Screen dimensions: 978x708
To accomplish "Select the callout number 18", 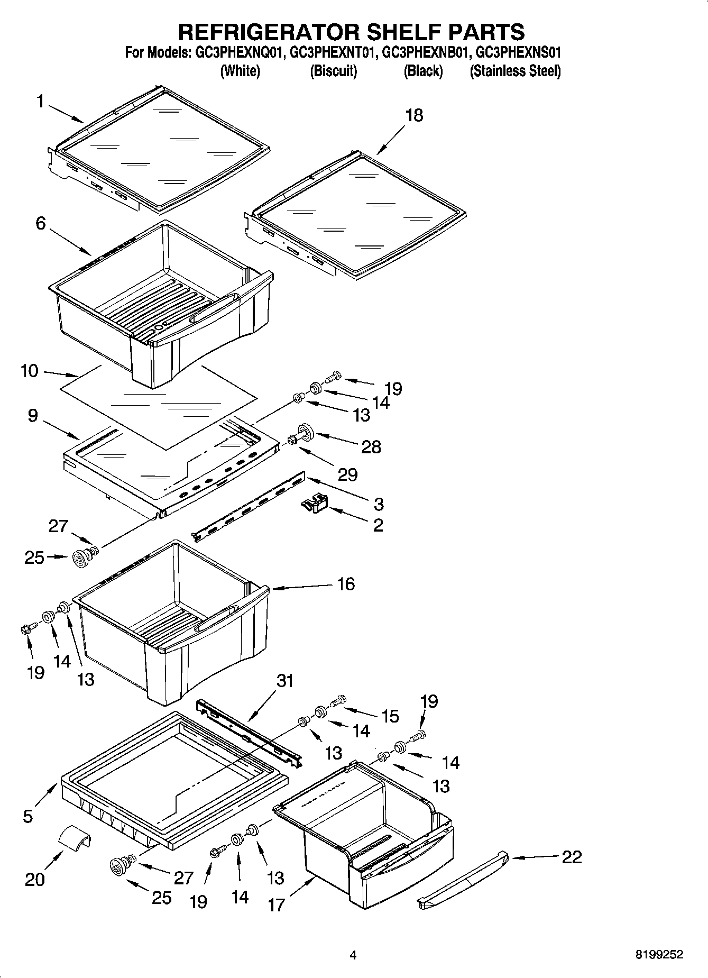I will click(x=414, y=115).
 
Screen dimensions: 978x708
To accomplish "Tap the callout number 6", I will click(x=41, y=223).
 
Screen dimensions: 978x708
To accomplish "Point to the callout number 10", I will click(x=30, y=371).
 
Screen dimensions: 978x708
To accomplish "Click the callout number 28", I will click(x=371, y=447).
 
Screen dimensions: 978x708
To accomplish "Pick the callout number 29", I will click(x=347, y=474).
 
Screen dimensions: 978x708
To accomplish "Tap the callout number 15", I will click(x=390, y=716).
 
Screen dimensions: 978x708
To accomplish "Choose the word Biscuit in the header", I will click(x=333, y=71).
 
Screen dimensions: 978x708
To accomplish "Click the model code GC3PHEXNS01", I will click(x=518, y=53).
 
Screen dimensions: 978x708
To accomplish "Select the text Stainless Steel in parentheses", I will click(x=515, y=71).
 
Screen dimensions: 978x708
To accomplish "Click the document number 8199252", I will click(x=659, y=955).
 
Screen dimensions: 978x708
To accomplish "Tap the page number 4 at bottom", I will click(x=353, y=955).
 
